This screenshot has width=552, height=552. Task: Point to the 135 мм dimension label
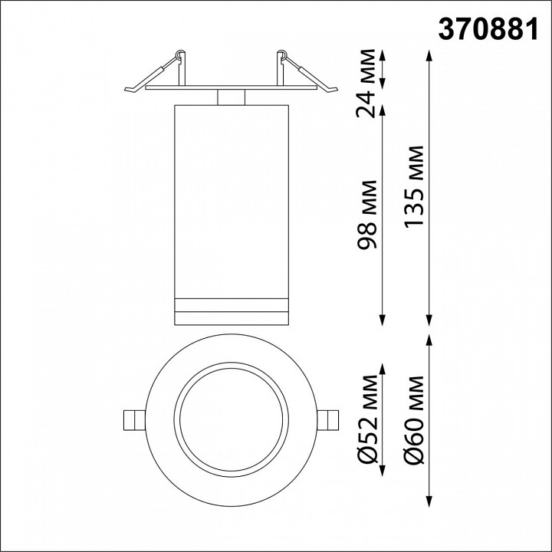tap(415, 186)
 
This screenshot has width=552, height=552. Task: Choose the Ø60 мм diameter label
tap(415, 419)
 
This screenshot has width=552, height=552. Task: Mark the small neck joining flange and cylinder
tap(231, 97)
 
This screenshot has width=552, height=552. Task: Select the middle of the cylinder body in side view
tap(231, 199)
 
